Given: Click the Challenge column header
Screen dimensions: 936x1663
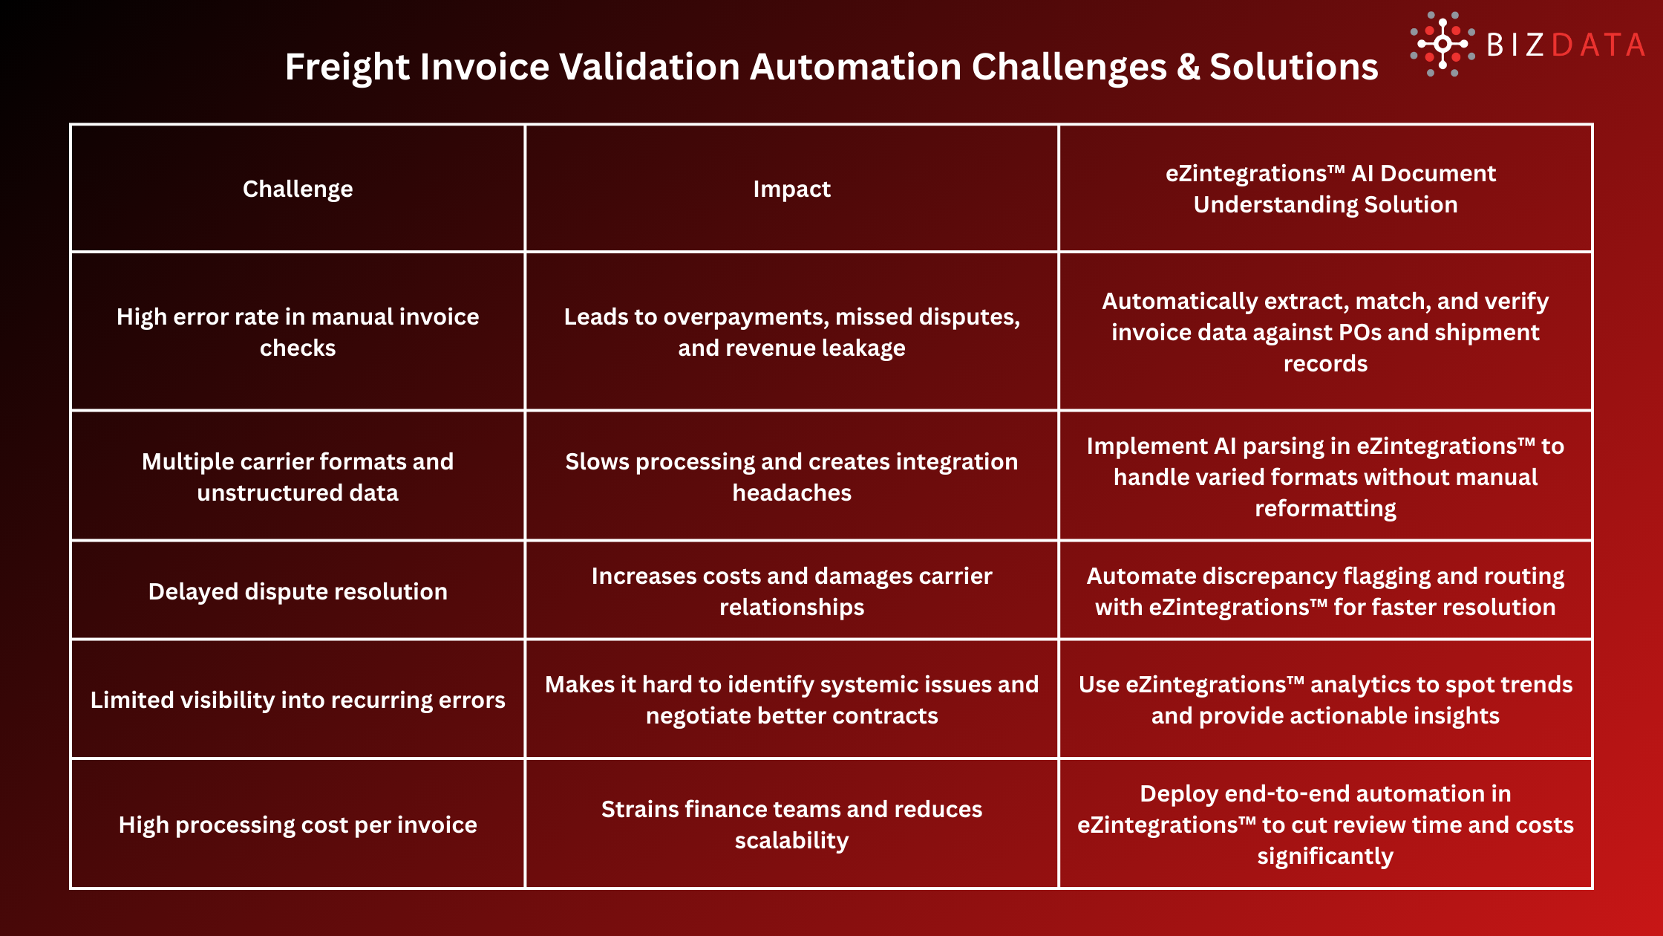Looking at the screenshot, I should point(298,189).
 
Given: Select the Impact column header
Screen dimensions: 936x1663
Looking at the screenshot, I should point(791,189).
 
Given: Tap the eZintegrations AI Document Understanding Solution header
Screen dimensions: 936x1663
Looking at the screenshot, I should point(1325,189).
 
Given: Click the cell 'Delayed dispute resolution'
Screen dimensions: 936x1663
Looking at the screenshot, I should point(298,591).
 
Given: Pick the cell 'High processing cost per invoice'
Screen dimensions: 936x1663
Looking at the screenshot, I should point(298,825).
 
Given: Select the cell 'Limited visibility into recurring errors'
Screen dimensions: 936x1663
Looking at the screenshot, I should point(298,700).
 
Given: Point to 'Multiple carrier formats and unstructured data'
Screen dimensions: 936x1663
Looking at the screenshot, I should point(298,477).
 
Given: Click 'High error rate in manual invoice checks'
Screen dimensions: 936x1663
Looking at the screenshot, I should point(298,332).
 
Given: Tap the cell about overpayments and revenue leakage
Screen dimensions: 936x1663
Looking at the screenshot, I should point(791,332).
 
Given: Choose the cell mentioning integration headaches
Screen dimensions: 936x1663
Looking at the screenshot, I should point(791,477).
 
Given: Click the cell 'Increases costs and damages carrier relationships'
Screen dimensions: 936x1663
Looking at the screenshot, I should point(791,591).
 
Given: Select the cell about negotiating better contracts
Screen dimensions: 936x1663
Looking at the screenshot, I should point(791,700).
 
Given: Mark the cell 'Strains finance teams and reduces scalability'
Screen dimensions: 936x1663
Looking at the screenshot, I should point(791,825).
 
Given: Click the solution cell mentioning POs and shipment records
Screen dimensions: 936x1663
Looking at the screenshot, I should point(1325,332).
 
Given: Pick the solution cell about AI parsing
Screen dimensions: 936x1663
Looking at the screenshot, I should point(1325,477).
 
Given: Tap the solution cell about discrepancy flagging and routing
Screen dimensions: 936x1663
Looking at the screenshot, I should point(1325,591).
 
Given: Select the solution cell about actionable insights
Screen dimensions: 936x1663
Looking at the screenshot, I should point(1325,700).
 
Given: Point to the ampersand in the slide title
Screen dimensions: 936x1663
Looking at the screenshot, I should point(1188,67).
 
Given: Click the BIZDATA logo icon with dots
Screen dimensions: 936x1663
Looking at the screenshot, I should point(1442,45).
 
